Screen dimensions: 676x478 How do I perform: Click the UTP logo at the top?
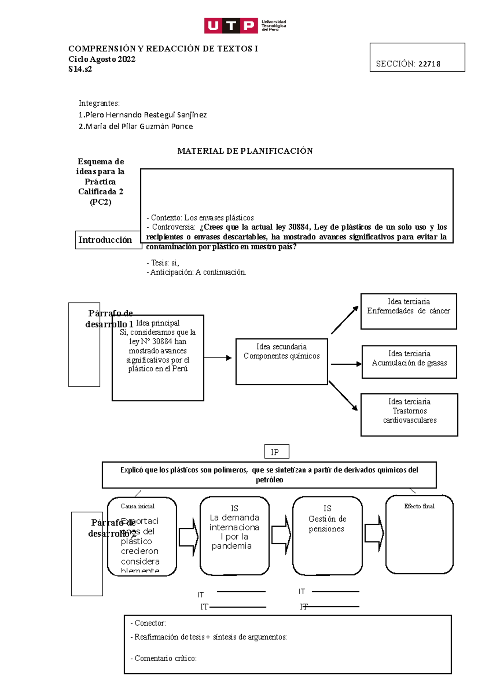click(x=245, y=25)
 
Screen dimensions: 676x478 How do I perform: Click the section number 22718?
click(x=429, y=64)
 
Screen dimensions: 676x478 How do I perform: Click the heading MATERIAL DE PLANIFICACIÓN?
click(x=245, y=151)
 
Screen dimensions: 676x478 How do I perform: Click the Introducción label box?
click(x=106, y=240)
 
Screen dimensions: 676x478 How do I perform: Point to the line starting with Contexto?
click(x=200, y=218)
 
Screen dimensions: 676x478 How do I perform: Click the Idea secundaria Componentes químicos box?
click(x=282, y=361)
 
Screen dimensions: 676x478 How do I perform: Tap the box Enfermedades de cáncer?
click(x=408, y=311)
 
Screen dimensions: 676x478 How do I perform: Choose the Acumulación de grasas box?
click(x=409, y=361)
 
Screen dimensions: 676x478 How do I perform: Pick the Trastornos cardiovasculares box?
click(x=409, y=414)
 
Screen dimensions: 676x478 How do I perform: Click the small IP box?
click(x=276, y=452)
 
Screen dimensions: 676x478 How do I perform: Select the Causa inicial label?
click(x=137, y=506)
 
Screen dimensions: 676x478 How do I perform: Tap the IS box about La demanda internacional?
click(x=234, y=535)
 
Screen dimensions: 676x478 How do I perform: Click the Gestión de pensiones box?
click(x=327, y=535)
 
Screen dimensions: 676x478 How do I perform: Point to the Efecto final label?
click(x=419, y=506)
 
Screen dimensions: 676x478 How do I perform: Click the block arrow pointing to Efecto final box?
click(x=374, y=533)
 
